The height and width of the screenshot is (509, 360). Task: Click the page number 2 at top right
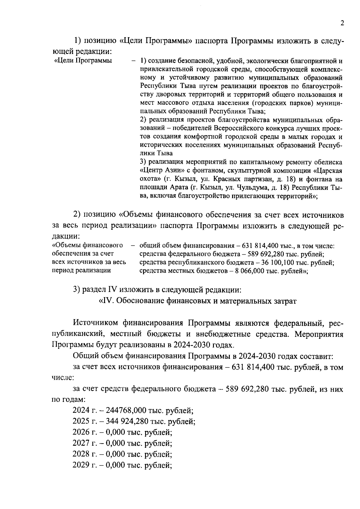coord(342,23)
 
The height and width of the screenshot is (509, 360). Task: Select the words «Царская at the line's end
coord(328,171)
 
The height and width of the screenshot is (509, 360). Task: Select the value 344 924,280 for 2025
coord(126,421)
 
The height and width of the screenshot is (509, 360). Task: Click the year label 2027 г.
coord(84,443)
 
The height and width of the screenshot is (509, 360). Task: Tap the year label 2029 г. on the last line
coord(84,465)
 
